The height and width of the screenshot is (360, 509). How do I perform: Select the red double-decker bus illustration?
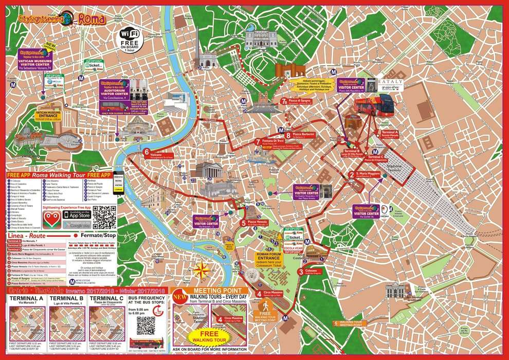374,105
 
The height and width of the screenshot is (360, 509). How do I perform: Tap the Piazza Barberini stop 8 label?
303,135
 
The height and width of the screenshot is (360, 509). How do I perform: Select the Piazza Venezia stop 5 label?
256,223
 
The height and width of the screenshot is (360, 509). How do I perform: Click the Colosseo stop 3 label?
312,272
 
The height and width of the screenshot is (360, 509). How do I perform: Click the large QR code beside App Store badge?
105,218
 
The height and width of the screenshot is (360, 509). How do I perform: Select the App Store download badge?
77,213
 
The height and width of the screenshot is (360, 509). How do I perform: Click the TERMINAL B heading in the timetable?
66,299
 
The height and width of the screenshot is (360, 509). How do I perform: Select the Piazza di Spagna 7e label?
300,101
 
